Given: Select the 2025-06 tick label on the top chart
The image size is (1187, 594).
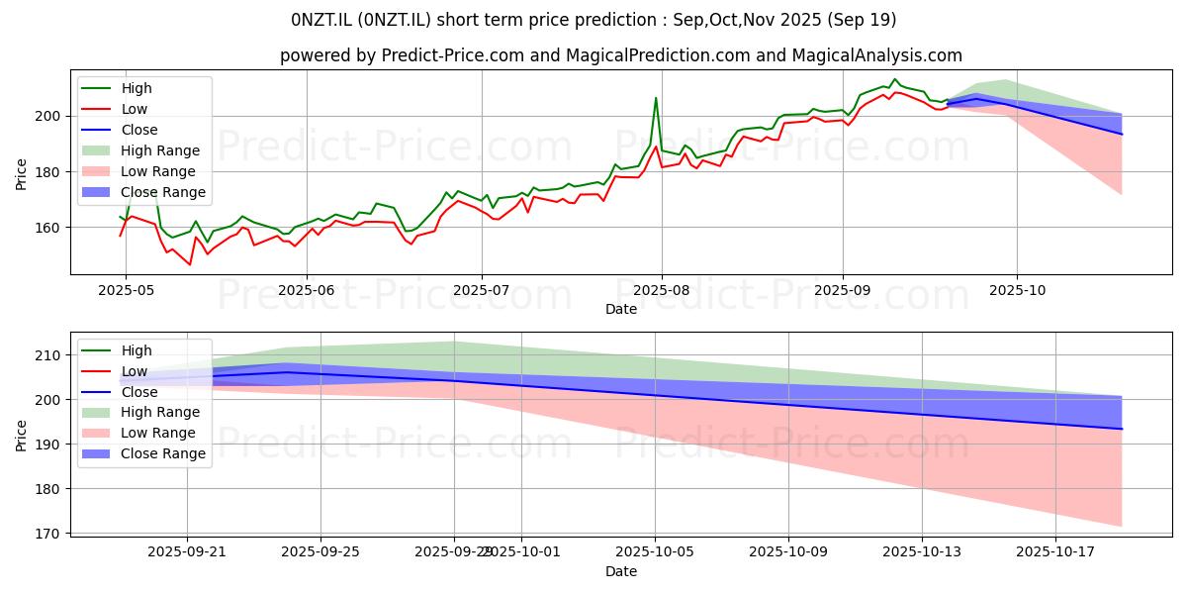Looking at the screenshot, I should click(x=306, y=288).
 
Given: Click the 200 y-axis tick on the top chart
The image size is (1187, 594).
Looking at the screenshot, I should click(x=49, y=116).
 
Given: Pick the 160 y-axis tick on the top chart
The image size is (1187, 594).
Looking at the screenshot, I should click(x=49, y=228).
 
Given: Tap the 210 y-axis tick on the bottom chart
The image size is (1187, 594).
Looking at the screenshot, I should click(x=49, y=355).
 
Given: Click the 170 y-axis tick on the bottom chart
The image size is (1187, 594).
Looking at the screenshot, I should click(x=49, y=534).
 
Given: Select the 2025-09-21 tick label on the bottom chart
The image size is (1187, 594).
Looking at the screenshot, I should click(x=187, y=551).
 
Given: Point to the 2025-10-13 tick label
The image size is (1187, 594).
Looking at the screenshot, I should click(x=922, y=551).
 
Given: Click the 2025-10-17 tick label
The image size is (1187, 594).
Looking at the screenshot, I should click(x=1055, y=551).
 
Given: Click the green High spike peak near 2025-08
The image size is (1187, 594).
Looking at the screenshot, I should click(x=656, y=98).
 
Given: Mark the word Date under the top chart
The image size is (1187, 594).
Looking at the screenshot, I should click(x=621, y=309).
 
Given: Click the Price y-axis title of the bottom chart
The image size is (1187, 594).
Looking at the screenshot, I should click(x=21, y=434).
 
